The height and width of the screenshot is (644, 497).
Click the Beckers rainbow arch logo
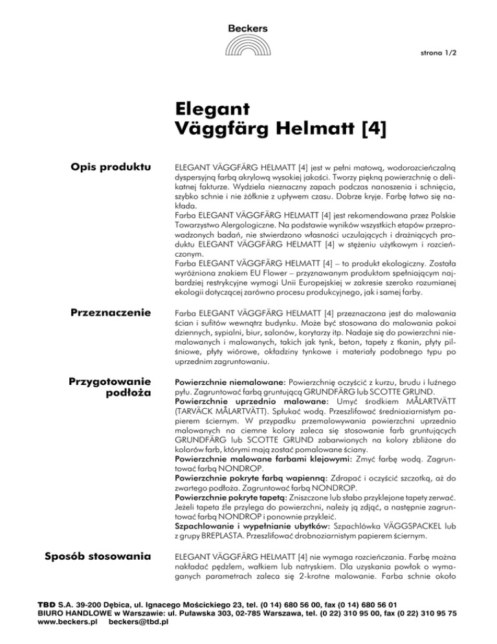pyautogui.click(x=248, y=47)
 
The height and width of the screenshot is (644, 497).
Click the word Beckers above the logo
pyautogui.click(x=248, y=28)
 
